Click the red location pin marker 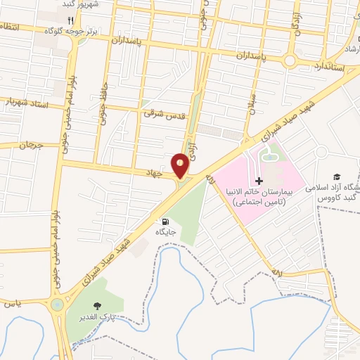181,165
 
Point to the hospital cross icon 259,181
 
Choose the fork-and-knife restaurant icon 70,20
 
